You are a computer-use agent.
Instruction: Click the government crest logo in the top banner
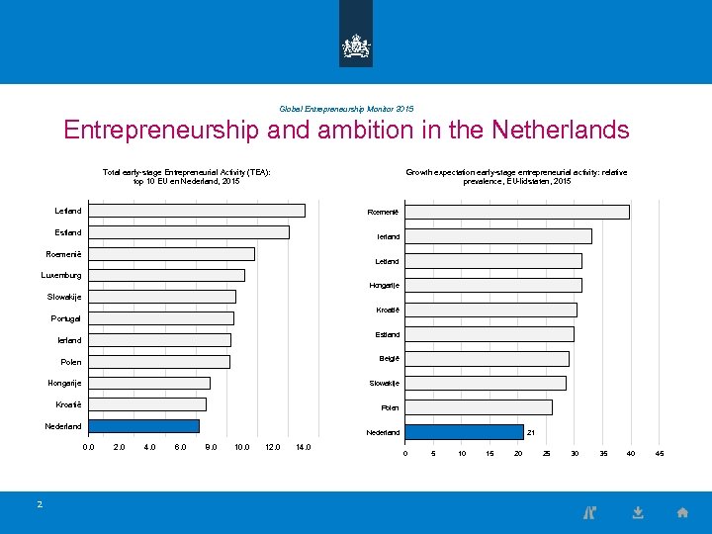click(x=356, y=44)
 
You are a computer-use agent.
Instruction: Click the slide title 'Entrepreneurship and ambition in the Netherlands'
click(x=346, y=130)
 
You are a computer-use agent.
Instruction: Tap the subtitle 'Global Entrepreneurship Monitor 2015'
click(x=346, y=109)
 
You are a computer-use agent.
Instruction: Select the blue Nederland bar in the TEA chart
click(x=143, y=426)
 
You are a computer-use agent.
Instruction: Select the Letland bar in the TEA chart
click(x=197, y=211)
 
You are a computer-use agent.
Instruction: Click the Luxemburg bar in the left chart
click(x=166, y=275)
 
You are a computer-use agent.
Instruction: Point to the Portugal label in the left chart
click(x=66, y=318)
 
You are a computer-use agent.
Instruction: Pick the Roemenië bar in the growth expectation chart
click(x=517, y=212)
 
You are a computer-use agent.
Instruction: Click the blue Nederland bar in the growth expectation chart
click(x=464, y=432)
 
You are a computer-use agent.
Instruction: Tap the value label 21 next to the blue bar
click(x=531, y=432)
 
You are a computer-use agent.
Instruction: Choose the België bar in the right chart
click(x=487, y=359)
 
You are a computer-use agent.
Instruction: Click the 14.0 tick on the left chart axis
click(x=303, y=447)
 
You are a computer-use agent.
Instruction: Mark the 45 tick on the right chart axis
click(x=660, y=454)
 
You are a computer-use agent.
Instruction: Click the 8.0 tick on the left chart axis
click(x=211, y=447)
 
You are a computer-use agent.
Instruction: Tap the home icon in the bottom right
click(x=682, y=512)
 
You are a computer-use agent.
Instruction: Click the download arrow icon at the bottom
click(x=638, y=512)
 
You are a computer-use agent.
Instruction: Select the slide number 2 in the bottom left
click(x=40, y=504)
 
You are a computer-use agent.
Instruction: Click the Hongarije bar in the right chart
click(x=493, y=285)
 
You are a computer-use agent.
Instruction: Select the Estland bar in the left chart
click(x=189, y=232)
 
